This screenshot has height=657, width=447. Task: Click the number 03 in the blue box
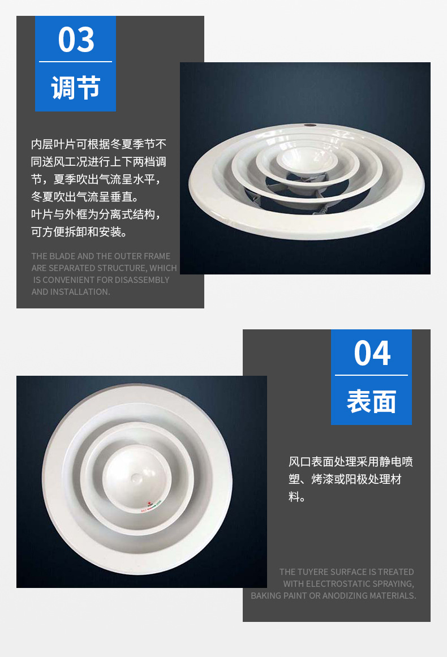click(76, 40)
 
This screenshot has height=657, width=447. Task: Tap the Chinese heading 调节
click(76, 88)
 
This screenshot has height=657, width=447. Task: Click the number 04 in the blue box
click(372, 353)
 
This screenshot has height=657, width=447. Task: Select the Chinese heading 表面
click(372, 401)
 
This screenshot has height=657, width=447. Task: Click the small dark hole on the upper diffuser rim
click(309, 125)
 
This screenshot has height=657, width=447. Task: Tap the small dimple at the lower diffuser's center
click(136, 478)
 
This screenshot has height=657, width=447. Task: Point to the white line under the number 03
click(75, 62)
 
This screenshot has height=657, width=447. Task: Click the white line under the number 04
click(371, 375)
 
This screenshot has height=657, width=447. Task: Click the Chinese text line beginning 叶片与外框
click(96, 214)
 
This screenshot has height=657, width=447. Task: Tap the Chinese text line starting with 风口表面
click(351, 462)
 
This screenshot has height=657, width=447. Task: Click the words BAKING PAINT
click(278, 595)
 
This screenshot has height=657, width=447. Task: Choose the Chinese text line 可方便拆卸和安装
click(79, 231)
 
